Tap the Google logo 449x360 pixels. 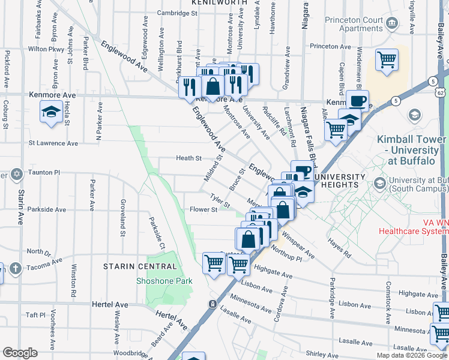pos(20,353)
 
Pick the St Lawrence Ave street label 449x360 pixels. pos(53,143)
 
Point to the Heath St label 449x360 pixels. pos(188,158)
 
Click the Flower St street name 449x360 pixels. pos(203,210)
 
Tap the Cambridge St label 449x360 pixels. pos(177,13)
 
